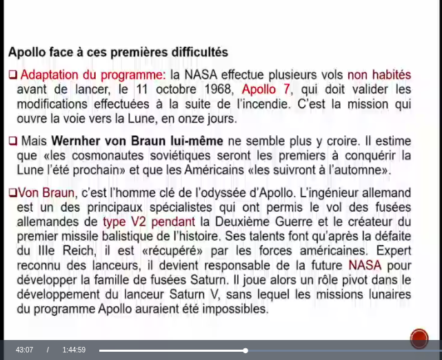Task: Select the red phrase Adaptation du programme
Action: pyautogui.click(x=92, y=74)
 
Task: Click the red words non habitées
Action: pyautogui.click(x=379, y=74)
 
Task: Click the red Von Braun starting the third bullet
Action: pyautogui.click(x=44, y=192)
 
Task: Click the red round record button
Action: pyautogui.click(x=419, y=338)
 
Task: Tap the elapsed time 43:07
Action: pyautogui.click(x=24, y=350)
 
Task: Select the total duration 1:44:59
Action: pyautogui.click(x=74, y=350)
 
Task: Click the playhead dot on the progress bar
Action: pyautogui.click(x=245, y=350)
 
